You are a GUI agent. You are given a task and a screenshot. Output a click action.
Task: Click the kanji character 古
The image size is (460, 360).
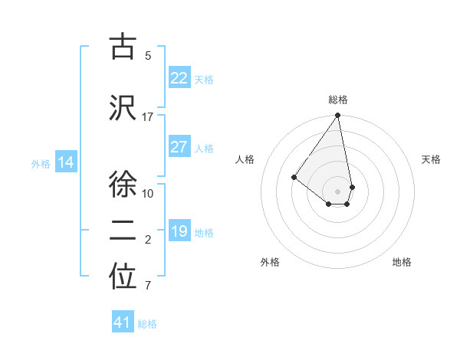(123, 47)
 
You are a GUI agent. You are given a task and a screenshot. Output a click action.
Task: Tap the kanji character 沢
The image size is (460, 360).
(123, 108)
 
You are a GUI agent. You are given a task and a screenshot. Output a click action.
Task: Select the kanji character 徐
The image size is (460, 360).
(123, 183)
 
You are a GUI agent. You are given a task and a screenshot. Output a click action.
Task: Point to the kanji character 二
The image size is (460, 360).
(123, 231)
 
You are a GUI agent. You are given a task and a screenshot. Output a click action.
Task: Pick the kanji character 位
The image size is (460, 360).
(123, 278)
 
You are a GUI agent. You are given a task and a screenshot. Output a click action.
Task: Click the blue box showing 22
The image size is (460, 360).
(179, 78)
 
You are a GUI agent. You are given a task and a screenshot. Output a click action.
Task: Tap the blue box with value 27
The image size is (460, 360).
(179, 147)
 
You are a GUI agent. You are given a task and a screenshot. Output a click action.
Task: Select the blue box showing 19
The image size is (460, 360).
(179, 231)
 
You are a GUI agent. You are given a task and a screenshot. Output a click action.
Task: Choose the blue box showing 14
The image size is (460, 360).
(66, 162)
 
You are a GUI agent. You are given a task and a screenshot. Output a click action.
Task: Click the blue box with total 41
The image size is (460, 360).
(123, 322)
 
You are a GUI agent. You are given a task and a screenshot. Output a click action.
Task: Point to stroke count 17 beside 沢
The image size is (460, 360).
(148, 117)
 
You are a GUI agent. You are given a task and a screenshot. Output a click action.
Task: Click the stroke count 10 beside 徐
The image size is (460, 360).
(148, 193)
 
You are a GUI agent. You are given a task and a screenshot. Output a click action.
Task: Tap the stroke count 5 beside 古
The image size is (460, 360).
(148, 55)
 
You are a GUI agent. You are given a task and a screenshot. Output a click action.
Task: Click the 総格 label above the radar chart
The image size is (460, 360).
(338, 100)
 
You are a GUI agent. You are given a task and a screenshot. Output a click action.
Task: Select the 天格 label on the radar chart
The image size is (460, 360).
(431, 159)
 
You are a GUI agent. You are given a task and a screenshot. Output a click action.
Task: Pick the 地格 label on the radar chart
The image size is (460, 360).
(402, 262)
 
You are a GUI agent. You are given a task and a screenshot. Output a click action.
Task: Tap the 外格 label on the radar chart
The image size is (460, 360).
(270, 262)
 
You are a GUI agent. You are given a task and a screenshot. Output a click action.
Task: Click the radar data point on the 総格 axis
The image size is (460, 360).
(337, 116)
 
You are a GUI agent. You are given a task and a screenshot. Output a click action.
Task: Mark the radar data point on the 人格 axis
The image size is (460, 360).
(294, 177)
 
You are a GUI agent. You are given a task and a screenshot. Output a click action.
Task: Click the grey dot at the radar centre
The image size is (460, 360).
(337, 191)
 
